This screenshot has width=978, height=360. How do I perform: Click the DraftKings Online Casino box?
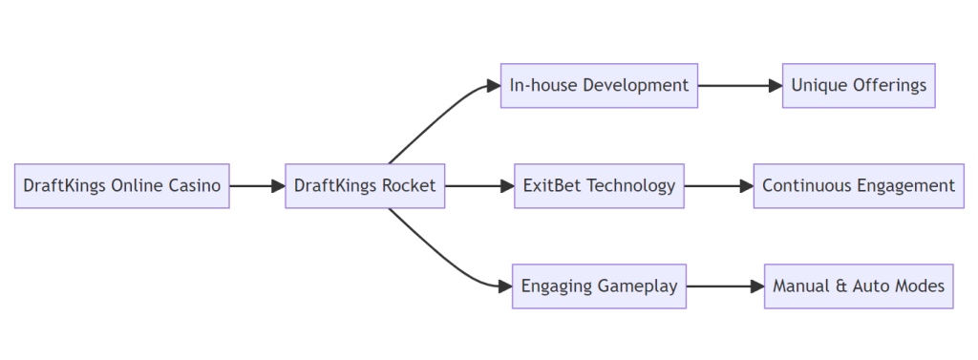(x=121, y=185)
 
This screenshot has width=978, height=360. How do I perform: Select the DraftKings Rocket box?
(x=365, y=185)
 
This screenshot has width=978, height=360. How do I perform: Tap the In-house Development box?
(x=599, y=85)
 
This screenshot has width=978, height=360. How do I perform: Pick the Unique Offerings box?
(x=859, y=85)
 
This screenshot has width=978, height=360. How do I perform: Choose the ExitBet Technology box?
(x=599, y=185)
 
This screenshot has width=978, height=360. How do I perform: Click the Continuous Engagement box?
(x=859, y=185)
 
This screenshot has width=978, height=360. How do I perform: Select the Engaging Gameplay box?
(x=599, y=286)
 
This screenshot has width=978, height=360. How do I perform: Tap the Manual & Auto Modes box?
(x=859, y=286)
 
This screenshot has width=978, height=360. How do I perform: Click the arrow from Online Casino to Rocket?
(x=256, y=185)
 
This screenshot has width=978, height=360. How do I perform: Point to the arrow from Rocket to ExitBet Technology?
(x=478, y=185)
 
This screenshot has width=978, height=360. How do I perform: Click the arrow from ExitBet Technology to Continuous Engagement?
(x=717, y=185)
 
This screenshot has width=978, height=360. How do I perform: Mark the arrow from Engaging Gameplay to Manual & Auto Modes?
(x=724, y=286)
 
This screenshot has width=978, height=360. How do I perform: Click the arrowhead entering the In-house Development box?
(x=494, y=85)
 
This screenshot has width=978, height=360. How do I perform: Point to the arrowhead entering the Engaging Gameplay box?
(x=505, y=286)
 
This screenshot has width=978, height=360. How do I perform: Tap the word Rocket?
(x=408, y=185)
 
